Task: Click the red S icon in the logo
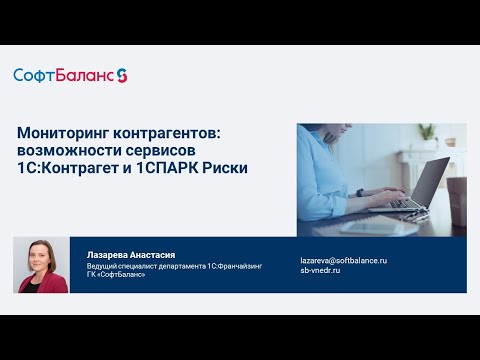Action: (122, 75)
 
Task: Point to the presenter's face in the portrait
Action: (42, 254)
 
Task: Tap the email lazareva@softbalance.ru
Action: (343, 260)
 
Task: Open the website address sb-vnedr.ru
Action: (321, 271)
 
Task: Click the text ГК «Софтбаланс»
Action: (116, 275)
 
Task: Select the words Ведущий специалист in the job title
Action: (122, 266)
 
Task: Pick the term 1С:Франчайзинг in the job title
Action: (234, 266)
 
